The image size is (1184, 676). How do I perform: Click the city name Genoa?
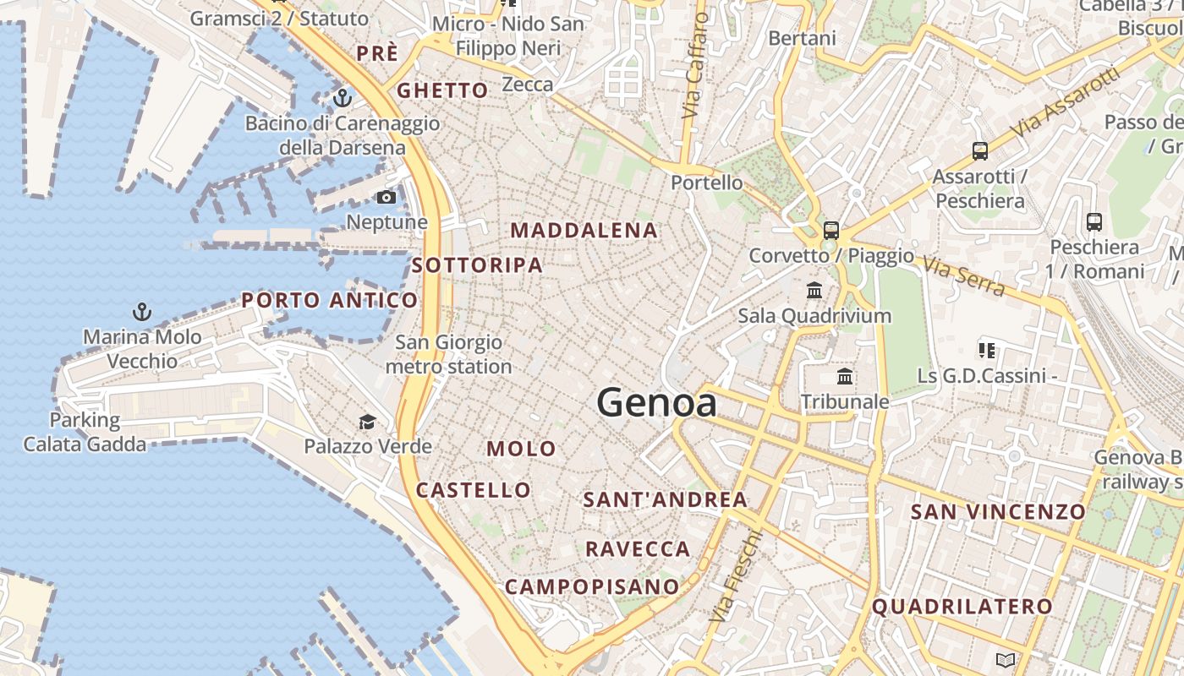pos(657,402)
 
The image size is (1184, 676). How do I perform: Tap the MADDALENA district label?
pos(584,230)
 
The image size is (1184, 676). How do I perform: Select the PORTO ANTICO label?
pos(329,300)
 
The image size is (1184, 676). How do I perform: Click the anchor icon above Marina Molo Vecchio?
pos(142,313)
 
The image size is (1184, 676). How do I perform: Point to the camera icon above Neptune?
pos(386,198)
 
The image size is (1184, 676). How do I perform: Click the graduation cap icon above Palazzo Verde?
pos(367,422)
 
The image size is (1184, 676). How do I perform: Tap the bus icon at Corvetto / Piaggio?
pos(831,230)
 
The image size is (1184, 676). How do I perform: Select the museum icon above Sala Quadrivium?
pos(814,291)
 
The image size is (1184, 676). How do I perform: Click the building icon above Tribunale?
pos(844,377)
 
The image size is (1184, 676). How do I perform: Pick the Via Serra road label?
pos(963,277)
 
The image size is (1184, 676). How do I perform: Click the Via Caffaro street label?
pos(694,65)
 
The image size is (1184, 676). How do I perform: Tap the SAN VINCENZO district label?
pos(997,511)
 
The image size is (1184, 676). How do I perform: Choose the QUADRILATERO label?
pos(962,607)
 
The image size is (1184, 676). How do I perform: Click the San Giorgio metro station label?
pos(448,355)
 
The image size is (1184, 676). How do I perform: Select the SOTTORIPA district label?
pos(477,265)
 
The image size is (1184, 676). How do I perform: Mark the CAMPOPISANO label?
pos(592,586)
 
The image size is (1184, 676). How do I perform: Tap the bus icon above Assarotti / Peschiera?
pos(979,152)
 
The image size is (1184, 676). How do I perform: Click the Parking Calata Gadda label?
pos(85,432)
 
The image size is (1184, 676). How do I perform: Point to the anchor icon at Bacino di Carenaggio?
pos(342,98)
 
